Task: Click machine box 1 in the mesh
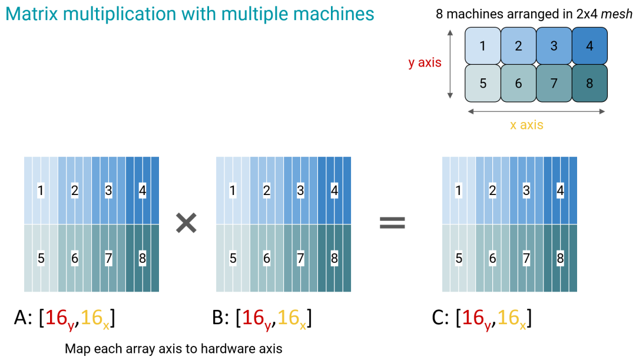click(483, 46)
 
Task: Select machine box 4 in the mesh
click(589, 46)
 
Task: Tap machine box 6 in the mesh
click(518, 83)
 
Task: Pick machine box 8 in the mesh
click(589, 83)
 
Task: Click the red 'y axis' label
click(425, 62)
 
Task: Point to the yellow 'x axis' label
click(526, 125)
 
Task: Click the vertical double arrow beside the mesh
click(450, 64)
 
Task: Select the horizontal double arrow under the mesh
click(536, 110)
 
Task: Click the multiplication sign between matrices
click(187, 223)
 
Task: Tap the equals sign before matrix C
click(392, 222)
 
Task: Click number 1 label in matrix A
click(41, 191)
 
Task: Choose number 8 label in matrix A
click(142, 257)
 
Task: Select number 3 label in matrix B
click(300, 191)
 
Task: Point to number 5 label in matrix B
click(233, 257)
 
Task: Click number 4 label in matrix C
click(560, 191)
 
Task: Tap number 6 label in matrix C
click(492, 257)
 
